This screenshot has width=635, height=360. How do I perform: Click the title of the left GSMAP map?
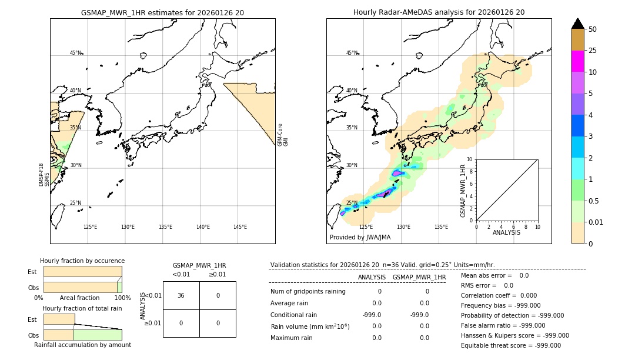pyautogui.click(x=162, y=12)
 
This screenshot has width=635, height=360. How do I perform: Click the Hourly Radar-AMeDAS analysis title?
pyautogui.click(x=439, y=12)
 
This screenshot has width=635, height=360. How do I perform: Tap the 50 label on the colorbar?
pyautogui.click(x=593, y=29)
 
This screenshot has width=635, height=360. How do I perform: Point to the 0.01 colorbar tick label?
pyautogui.click(x=596, y=222)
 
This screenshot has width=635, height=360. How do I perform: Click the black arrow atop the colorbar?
pyautogui.click(x=577, y=24)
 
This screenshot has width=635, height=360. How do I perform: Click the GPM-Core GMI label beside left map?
pyautogui.click(x=283, y=135)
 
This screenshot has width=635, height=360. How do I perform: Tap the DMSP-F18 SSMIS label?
pyautogui.click(x=44, y=175)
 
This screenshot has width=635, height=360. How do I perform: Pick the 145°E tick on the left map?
pyautogui.click(x=240, y=227)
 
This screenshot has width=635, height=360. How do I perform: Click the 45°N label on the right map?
pyautogui.click(x=352, y=53)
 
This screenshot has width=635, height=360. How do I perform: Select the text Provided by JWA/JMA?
pyautogui.click(x=360, y=238)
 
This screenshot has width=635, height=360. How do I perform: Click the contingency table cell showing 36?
pyautogui.click(x=181, y=295)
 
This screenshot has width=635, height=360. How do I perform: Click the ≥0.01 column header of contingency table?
pyautogui.click(x=217, y=274)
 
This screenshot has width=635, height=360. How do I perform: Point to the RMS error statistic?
pyautogui.click(x=487, y=285)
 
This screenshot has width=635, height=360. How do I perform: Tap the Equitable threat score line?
pyautogui.click(x=510, y=345)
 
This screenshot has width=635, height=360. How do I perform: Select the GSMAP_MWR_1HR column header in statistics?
pyautogui.click(x=419, y=277)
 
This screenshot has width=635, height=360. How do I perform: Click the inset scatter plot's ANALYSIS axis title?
pyautogui.click(x=506, y=232)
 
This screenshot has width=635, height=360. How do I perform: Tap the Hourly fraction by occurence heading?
pyautogui.click(x=82, y=261)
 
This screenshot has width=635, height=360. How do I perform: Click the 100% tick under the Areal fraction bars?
pyautogui.click(x=122, y=298)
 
